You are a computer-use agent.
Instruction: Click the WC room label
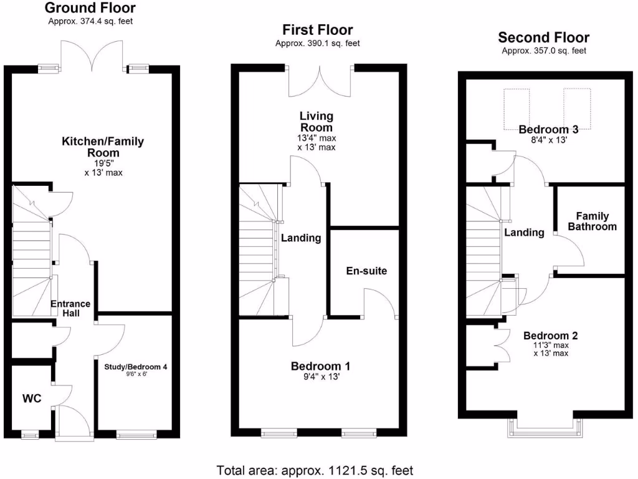[32, 399]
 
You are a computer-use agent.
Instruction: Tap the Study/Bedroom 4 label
[136, 367]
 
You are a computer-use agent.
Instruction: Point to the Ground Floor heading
[90, 8]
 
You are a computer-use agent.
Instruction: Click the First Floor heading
[317, 30]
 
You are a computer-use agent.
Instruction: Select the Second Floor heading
[543, 37]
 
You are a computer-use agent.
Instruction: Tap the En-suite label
[366, 271]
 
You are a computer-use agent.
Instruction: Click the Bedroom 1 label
[317, 365]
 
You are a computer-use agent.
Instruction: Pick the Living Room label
[317, 122]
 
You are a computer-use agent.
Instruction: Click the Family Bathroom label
[592, 221]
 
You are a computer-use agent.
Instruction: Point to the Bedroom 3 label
[548, 130]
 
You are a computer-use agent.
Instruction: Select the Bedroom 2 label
[550, 336]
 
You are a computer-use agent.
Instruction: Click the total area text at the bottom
[315, 470]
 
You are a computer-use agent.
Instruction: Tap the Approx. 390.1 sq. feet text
[317, 44]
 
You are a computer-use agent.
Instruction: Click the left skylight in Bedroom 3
[517, 108]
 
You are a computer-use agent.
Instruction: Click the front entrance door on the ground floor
[74, 419]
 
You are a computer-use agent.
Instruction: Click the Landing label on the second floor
[524, 233]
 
